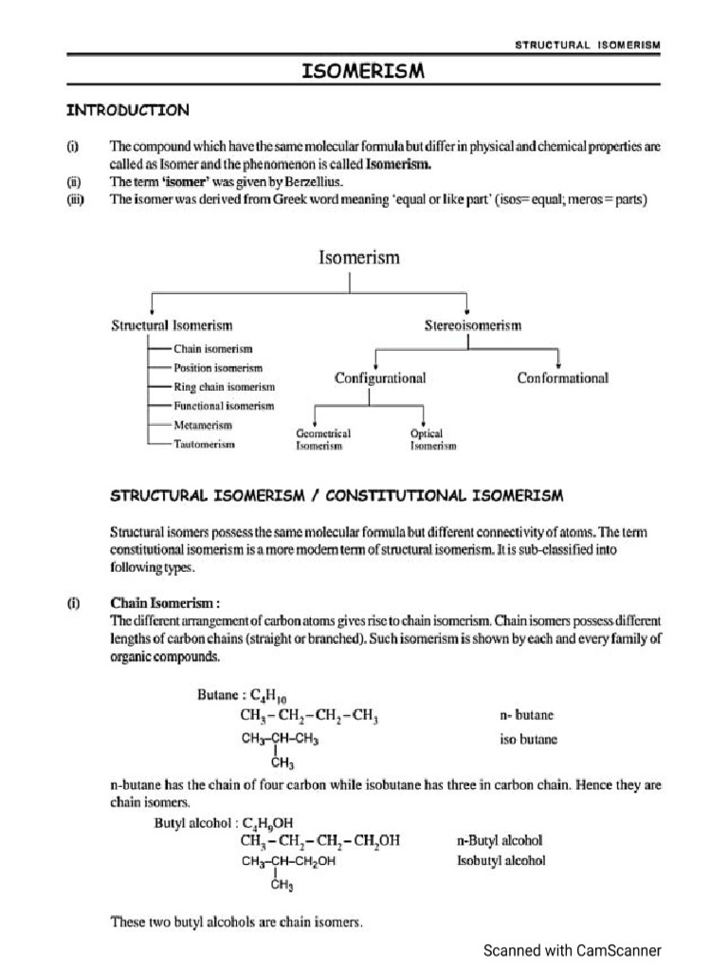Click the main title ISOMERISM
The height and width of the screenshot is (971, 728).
(x=363, y=71)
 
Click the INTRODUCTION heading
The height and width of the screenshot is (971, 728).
(x=127, y=110)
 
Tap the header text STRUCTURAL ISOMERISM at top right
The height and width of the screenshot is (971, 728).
(x=588, y=45)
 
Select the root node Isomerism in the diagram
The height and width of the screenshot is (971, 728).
(x=358, y=257)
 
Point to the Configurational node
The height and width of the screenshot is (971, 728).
(x=380, y=377)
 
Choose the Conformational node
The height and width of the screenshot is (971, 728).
(x=562, y=377)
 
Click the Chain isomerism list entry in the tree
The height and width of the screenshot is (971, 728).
(x=212, y=349)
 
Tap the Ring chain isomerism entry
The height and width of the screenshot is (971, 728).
(x=224, y=387)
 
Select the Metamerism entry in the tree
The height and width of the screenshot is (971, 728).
(x=203, y=425)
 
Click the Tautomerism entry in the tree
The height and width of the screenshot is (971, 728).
(x=204, y=444)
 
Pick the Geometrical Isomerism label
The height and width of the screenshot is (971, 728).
(x=323, y=439)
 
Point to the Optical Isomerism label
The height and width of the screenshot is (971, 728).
(x=432, y=439)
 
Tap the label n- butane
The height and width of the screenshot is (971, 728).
(x=526, y=715)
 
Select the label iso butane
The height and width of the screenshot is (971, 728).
(x=528, y=739)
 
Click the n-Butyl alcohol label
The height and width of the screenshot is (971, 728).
(x=500, y=840)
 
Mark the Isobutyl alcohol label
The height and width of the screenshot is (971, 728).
(x=501, y=860)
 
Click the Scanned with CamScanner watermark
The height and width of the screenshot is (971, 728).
(x=573, y=950)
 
